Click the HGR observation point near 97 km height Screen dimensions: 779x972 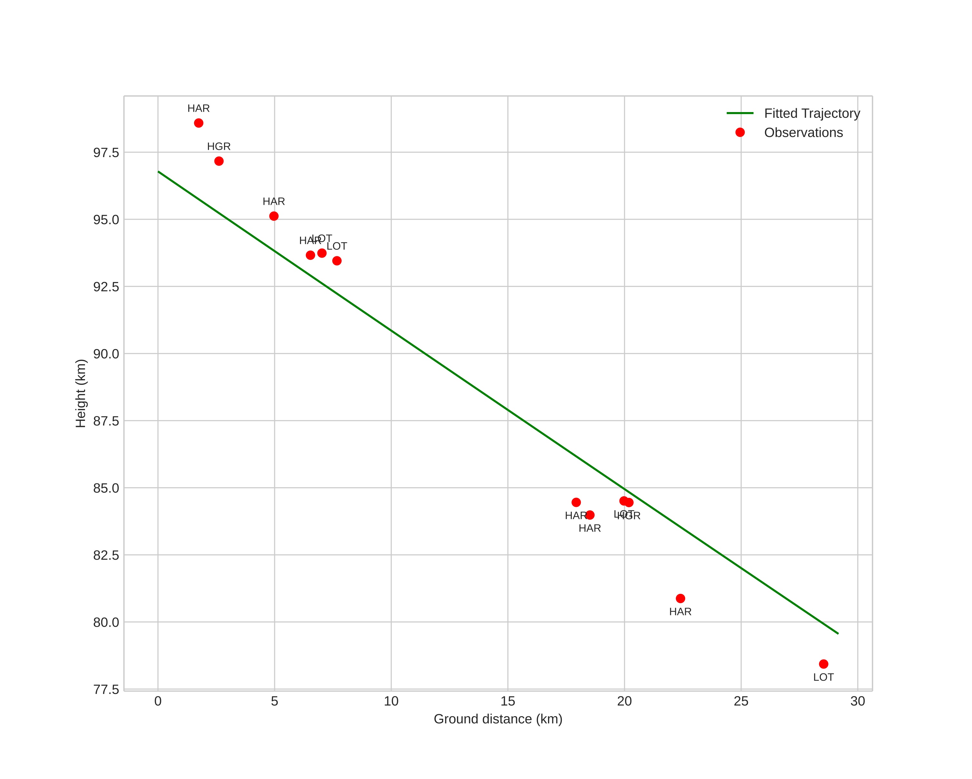pos(219,161)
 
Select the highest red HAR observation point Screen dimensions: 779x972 pos(198,123)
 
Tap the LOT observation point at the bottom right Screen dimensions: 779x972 pos(823,664)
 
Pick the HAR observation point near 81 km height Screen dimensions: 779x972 pos(680,598)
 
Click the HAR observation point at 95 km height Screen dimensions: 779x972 pos(274,216)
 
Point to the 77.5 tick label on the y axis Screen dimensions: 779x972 pos(106,689)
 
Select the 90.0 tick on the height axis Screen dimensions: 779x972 pos(106,354)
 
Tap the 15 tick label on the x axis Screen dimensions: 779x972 pos(508,701)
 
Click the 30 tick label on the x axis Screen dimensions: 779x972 pos(857,701)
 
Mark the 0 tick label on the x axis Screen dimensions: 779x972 pos(158,701)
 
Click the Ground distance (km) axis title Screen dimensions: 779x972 pos(498,719)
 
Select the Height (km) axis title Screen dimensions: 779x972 pos(81,393)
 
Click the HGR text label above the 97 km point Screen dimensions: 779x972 pos(219,147)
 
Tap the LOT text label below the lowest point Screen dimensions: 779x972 pos(823,677)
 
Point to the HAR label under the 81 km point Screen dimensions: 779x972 pos(680,612)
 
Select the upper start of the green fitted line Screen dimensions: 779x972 pos(158,172)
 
